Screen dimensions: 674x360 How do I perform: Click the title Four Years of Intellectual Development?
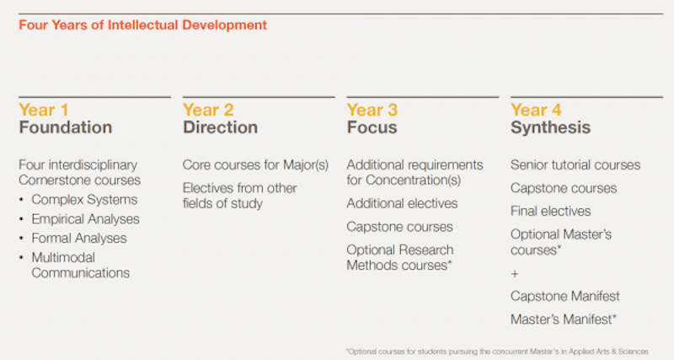[x=142, y=25]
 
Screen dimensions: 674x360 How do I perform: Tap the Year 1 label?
[x=44, y=110]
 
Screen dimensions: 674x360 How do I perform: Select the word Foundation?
[x=66, y=127]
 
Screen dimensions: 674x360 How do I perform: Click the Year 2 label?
[x=208, y=110]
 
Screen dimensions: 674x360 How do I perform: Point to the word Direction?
[x=220, y=127]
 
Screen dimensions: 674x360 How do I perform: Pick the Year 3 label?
[x=372, y=110]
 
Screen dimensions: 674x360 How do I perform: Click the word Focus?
[x=372, y=127]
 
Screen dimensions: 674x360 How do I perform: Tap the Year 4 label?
[x=536, y=110]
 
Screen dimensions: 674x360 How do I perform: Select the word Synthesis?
[x=551, y=127]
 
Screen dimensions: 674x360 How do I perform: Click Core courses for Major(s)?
[x=255, y=165]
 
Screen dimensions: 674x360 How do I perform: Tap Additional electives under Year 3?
[x=402, y=203]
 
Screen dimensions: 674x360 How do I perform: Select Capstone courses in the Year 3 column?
[x=399, y=227]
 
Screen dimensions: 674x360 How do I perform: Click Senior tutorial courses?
[x=575, y=164]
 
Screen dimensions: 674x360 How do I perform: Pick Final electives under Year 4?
[x=551, y=211]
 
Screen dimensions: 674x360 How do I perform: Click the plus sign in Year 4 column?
[x=515, y=274]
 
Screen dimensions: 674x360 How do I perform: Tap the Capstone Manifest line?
[x=565, y=296]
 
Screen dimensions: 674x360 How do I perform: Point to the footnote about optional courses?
[x=497, y=352]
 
